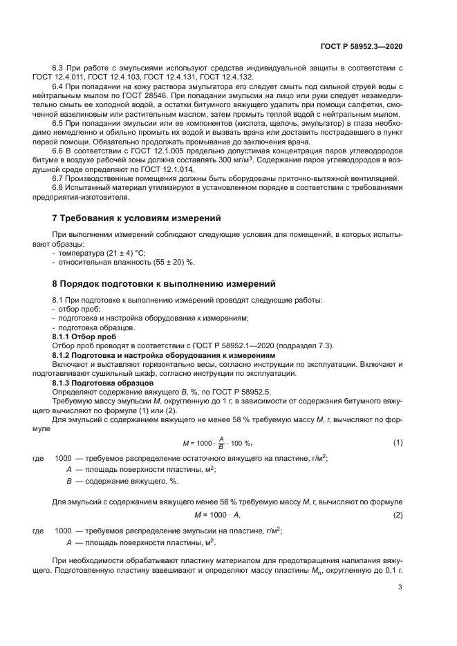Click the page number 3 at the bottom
(400, 587)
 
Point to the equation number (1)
(398, 442)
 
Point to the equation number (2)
(398, 515)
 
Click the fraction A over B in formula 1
(221, 443)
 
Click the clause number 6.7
(59, 178)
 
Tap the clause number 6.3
(59, 68)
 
